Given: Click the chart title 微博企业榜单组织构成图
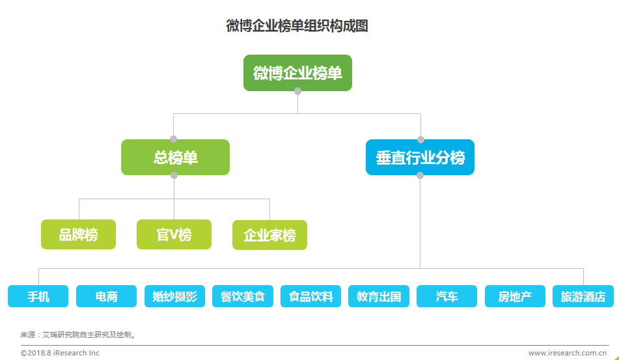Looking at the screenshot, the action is [x=297, y=26].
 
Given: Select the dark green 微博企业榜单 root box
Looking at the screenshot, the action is [x=297, y=73].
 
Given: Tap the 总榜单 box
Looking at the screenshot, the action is [x=175, y=157].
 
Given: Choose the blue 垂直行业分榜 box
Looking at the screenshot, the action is [x=420, y=157].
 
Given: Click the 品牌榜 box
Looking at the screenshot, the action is [x=79, y=234].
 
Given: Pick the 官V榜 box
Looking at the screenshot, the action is [x=174, y=234].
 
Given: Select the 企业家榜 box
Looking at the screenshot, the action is [x=269, y=235].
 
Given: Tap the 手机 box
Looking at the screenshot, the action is [x=38, y=296].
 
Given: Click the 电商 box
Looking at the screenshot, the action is [x=106, y=296].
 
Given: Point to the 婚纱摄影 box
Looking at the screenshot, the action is [x=175, y=296].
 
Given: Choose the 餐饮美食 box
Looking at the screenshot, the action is [x=243, y=296].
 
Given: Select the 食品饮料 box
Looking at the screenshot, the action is [x=310, y=296].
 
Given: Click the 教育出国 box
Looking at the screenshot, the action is [x=379, y=296].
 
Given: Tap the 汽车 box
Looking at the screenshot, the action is [x=447, y=296].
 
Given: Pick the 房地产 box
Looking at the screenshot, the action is [x=515, y=296].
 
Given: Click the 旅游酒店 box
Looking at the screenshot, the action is [x=583, y=296].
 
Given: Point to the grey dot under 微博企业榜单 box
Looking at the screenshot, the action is [x=297, y=91].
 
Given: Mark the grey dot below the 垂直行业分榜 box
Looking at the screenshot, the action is [x=420, y=175].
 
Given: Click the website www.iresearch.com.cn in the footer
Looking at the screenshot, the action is [x=568, y=353].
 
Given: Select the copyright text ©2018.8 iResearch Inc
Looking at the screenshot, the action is [x=60, y=353].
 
